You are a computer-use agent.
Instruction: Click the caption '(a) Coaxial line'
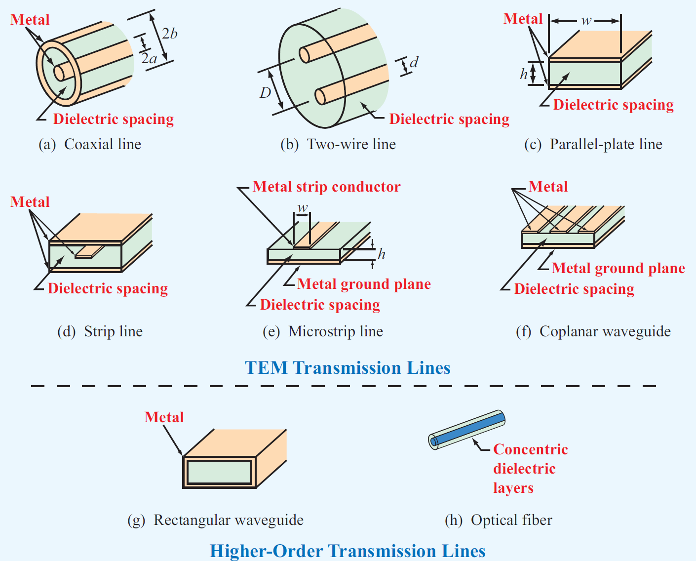pos(90,144)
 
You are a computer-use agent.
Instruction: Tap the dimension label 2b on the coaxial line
pos(169,34)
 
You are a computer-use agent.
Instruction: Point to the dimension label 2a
pos(149,59)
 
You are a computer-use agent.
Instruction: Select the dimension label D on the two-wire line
pos(266,93)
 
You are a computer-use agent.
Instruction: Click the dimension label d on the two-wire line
pos(414,62)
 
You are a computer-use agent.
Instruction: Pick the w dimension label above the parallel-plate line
pos(586,21)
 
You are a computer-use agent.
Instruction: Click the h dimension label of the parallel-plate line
pos(524,74)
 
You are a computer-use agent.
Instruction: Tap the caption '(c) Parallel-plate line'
pos(593,144)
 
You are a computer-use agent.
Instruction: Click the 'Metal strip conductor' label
pos(326,187)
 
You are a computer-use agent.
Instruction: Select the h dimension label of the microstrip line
pos(382,254)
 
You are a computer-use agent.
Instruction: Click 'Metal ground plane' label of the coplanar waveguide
pos(618,268)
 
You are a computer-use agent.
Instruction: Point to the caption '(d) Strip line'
pos(100,331)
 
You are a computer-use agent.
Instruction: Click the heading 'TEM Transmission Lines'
pos(348,368)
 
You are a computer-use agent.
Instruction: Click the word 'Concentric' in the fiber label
pos(531,449)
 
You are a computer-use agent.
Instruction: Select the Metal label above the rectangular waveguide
pos(164,417)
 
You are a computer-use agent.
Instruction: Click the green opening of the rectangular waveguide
pos(219,472)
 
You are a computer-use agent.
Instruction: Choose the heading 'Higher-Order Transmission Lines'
pos(348,551)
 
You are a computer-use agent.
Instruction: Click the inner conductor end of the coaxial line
pos(59,73)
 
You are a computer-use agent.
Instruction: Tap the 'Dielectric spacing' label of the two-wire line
pos(449,119)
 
